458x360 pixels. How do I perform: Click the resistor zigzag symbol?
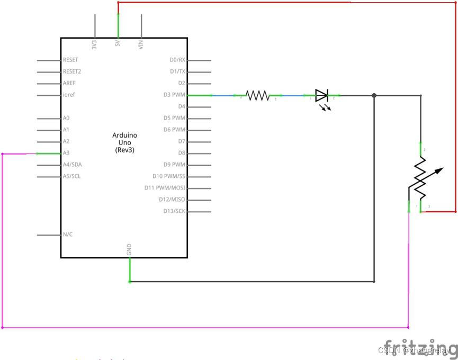click(x=258, y=95)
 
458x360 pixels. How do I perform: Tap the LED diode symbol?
click(x=322, y=96)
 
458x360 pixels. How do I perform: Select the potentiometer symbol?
click(x=420, y=178)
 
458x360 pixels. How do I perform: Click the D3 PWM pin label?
click(x=174, y=95)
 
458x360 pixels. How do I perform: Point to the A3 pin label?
click(x=66, y=153)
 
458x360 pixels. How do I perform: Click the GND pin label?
click(x=129, y=250)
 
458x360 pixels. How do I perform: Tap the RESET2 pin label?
click(x=72, y=71)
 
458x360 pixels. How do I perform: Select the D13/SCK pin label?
click(x=174, y=211)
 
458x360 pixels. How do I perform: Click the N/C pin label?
click(x=68, y=234)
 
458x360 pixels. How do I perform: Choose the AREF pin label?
click(x=70, y=83)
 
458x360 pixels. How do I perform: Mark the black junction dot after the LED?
click(x=374, y=96)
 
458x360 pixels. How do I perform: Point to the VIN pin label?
click(x=141, y=44)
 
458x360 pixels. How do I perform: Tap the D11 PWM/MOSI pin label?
click(x=165, y=188)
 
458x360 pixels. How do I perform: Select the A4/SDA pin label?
click(x=72, y=165)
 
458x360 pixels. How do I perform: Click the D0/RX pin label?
click(x=177, y=60)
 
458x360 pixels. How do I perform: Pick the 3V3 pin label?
click(x=95, y=44)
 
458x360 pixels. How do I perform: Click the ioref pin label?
click(x=69, y=95)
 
